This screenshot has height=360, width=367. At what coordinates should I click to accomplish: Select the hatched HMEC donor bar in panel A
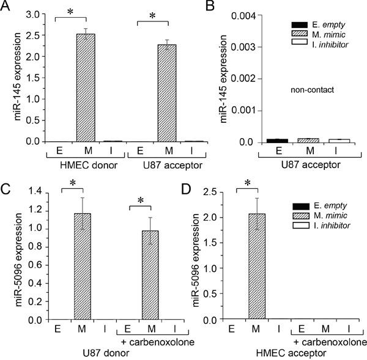click(85, 88)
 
